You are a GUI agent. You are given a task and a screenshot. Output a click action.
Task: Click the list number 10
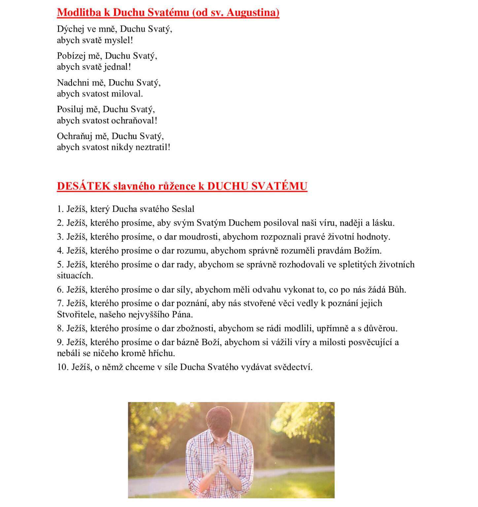tap(62, 367)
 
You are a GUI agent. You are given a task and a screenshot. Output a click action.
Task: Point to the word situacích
tap(75, 275)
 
